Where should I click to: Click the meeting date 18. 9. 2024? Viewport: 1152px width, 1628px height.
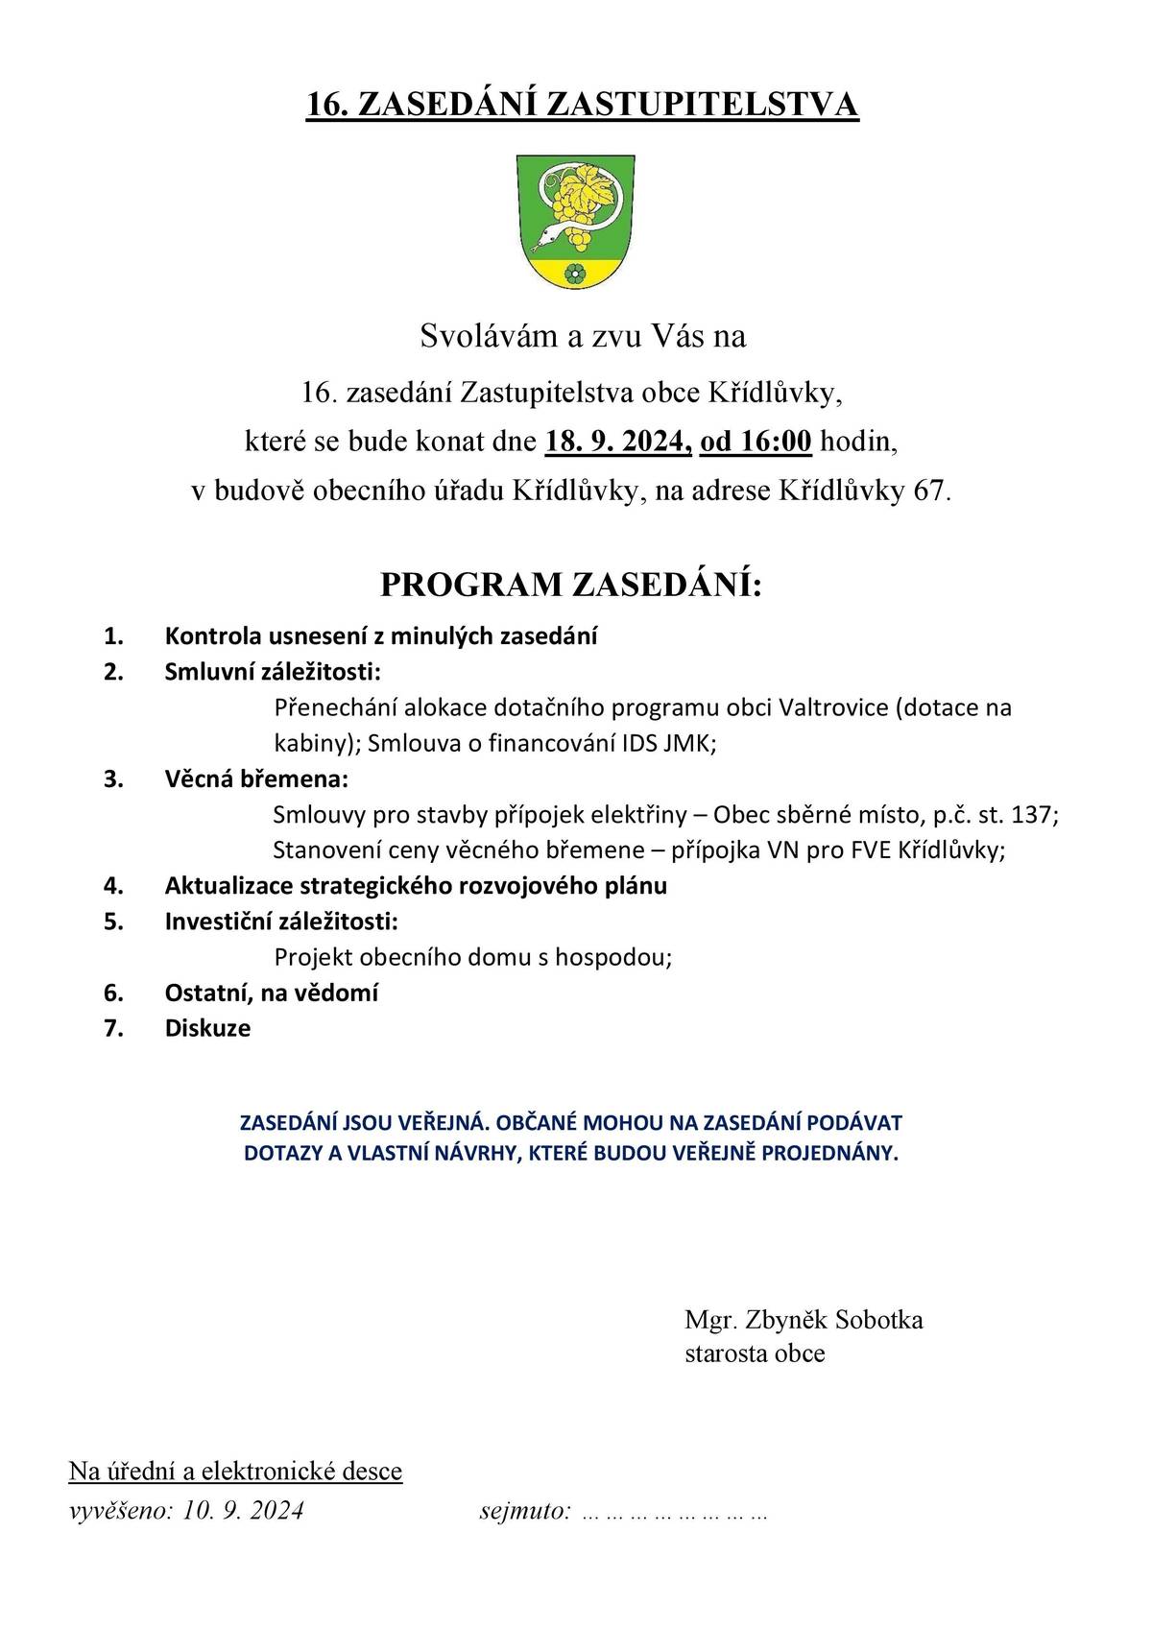617,442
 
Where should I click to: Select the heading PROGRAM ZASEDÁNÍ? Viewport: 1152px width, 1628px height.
571,585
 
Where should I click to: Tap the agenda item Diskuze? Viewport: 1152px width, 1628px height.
207,1028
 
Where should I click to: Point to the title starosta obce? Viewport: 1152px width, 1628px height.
755,1353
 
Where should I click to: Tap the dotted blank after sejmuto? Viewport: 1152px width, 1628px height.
675,1513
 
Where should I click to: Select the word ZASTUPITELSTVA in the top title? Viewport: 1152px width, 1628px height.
701,105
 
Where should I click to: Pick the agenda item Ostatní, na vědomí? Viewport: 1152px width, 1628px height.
271,993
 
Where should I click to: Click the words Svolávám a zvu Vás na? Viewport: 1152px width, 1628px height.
583,336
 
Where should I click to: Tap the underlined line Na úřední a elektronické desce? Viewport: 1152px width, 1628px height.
235,1471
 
